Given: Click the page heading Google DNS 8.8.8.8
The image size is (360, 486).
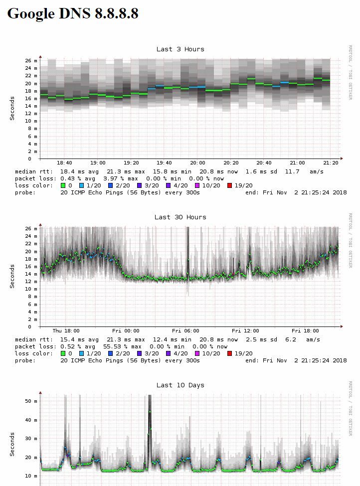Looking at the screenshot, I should [x=73, y=13].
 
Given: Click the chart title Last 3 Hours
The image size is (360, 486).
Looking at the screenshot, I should [x=180, y=49].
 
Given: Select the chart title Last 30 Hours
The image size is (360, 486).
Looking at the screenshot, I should [x=180, y=217].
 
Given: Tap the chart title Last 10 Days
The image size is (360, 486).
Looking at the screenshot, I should [x=180, y=385].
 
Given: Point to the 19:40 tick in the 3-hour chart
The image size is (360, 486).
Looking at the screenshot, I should [x=164, y=163].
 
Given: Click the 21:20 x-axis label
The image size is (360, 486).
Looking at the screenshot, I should [x=331, y=163].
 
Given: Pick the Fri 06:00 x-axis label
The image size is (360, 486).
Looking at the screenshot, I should [x=185, y=331].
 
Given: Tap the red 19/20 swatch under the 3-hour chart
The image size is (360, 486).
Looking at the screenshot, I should [x=229, y=185].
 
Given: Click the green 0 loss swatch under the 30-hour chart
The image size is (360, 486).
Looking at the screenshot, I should [x=63, y=353].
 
